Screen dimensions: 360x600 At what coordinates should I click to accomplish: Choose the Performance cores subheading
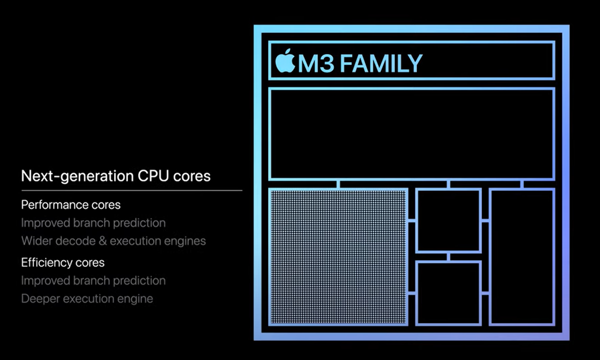click(70, 204)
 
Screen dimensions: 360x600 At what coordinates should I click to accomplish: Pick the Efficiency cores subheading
click(62, 262)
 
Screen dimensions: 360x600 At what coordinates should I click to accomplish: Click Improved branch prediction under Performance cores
click(93, 222)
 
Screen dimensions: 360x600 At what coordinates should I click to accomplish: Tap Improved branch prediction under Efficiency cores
click(93, 280)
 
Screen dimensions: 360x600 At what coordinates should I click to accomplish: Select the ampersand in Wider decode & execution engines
click(102, 241)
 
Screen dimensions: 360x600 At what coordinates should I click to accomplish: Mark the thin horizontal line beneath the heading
click(131, 190)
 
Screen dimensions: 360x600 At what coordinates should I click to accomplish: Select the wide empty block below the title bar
click(411, 134)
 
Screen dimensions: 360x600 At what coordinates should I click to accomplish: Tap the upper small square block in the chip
click(448, 220)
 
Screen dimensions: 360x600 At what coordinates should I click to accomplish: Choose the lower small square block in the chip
click(448, 293)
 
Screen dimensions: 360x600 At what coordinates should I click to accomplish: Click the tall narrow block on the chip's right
click(521, 256)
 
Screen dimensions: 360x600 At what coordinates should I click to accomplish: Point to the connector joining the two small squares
click(448, 257)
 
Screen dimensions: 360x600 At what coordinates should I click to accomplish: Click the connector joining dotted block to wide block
click(338, 184)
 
